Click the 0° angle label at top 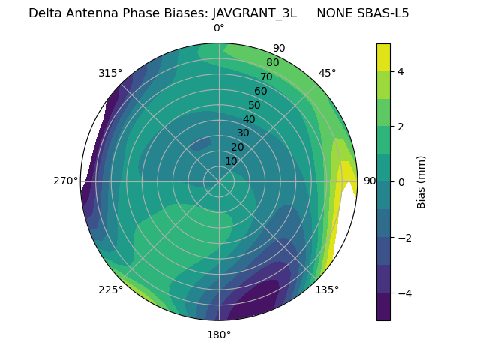(x=219, y=28)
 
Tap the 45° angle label (x=327, y=73)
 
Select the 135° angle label (x=327, y=289)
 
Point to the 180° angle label (x=219, y=334)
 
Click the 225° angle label (x=110, y=290)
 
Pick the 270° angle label (x=65, y=181)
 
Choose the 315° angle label (x=110, y=73)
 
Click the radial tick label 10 (x=231, y=161)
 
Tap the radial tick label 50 (x=255, y=105)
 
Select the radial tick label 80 (x=272, y=63)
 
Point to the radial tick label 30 (x=243, y=133)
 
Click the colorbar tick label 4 (x=400, y=71)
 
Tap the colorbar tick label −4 (x=403, y=292)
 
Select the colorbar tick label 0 (x=400, y=182)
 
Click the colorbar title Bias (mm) (x=421, y=181)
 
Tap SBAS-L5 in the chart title (x=383, y=13)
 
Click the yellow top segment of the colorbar (x=383, y=57)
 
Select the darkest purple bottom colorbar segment (x=383, y=307)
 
